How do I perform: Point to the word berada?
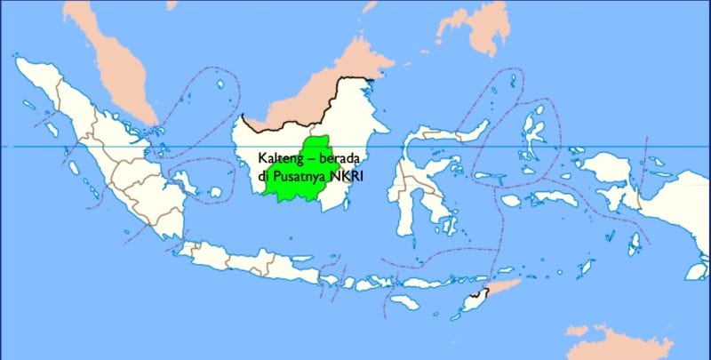(x=344, y=156)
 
